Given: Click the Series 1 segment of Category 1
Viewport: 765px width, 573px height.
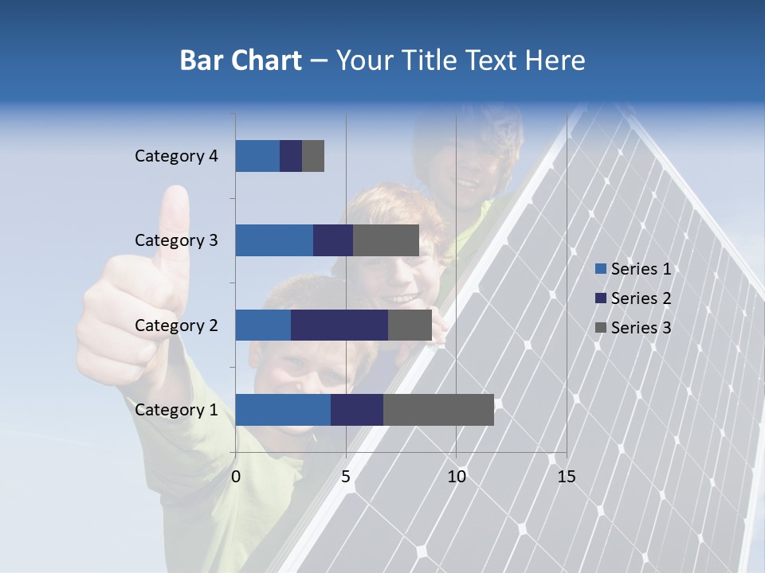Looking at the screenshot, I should pos(283,410).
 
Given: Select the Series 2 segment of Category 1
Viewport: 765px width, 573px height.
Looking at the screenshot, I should pos(357,410).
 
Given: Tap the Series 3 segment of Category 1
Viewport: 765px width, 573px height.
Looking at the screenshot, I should pos(438,410).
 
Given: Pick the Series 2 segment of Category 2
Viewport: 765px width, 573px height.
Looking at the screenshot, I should pos(339,325).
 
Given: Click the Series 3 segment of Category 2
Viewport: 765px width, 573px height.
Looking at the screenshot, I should pos(410,325).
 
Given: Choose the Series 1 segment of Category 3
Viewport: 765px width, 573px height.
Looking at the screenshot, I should pos(274,240).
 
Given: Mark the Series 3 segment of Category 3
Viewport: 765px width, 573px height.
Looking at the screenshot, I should pos(386,240).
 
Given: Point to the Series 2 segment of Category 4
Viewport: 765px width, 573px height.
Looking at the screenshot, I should pos(291,156).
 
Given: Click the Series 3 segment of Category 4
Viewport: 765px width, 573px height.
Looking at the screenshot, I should pos(313,156).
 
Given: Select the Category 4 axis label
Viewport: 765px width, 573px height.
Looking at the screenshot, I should pos(176,156).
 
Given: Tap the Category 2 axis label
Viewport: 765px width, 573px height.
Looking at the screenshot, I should pos(176,325).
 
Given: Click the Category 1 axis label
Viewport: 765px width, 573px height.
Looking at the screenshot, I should pos(176,410).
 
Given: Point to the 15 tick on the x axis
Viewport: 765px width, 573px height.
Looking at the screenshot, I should pos(566,476).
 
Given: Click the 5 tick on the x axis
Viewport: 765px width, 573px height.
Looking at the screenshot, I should pos(346,476).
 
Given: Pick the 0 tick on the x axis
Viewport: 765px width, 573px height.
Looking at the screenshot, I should pos(236,476).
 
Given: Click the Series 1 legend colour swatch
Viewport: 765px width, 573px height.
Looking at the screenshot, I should pos(600,269).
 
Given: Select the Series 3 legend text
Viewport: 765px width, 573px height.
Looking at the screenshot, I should pos(641,328).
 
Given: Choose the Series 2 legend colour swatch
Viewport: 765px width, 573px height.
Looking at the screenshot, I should pos(600,298).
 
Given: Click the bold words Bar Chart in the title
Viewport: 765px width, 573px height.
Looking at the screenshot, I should pos(241,60).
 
